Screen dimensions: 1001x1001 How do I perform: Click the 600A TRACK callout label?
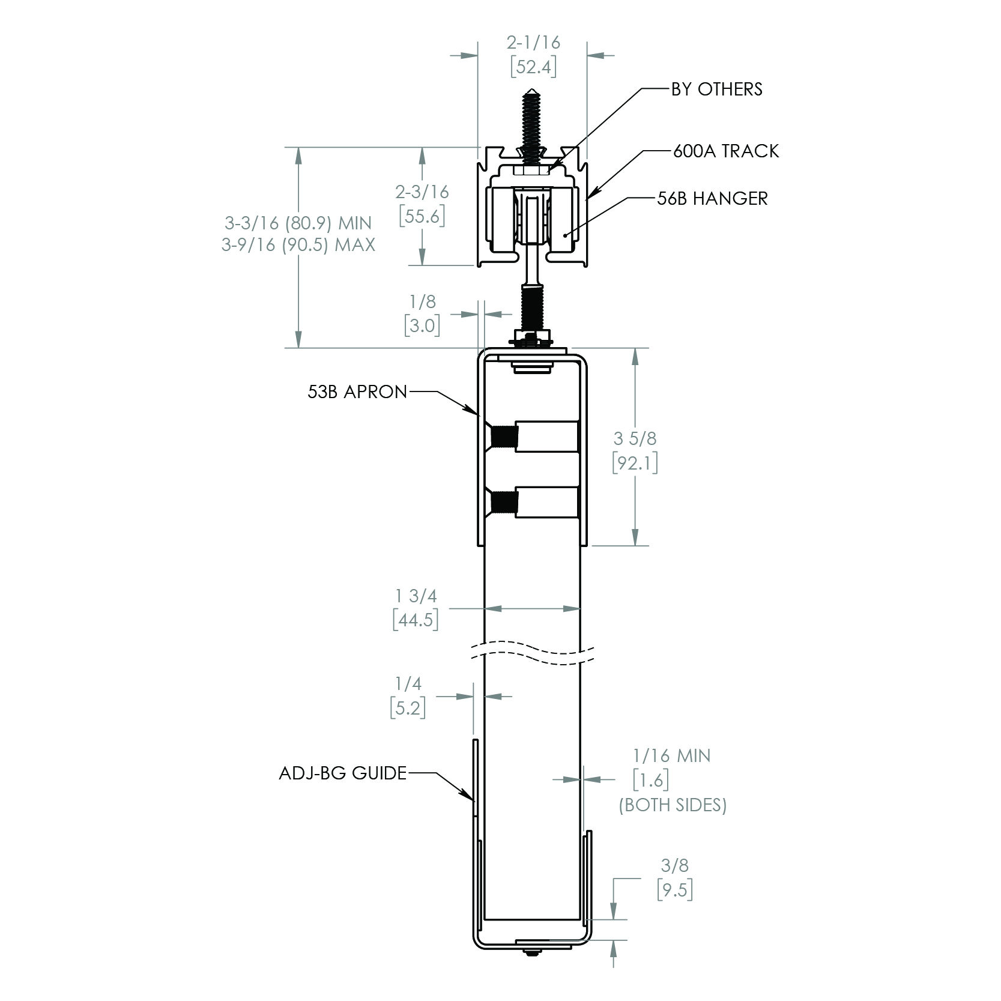[725, 151]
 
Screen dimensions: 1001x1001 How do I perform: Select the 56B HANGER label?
[712, 199]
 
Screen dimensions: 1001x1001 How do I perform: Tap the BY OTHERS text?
[716, 89]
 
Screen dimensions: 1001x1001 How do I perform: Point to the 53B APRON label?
[357, 392]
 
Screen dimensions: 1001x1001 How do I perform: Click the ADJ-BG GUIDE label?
[343, 773]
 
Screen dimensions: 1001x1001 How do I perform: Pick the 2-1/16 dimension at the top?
[533, 43]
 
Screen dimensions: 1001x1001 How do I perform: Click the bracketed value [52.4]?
[533, 67]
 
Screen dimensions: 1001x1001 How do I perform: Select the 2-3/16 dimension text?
[422, 192]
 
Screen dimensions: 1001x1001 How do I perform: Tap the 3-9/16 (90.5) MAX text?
[298, 246]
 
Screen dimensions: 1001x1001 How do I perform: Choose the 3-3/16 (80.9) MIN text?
[298, 223]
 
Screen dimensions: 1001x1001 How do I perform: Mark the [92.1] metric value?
[635, 463]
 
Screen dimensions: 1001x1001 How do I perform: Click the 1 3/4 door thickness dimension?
[416, 596]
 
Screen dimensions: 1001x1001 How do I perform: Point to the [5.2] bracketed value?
[408, 709]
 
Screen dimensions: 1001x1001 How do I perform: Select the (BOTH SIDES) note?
[673, 805]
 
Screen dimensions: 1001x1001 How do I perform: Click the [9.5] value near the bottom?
[675, 890]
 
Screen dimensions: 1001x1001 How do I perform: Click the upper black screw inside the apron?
[501, 438]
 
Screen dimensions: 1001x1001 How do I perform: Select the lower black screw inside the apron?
[501, 502]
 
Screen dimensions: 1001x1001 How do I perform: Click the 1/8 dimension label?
[422, 301]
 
